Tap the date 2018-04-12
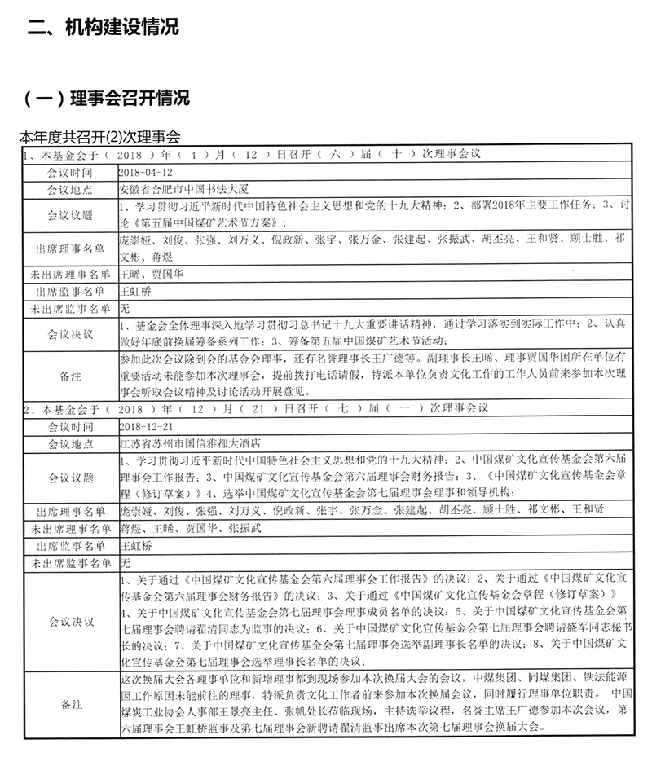pyautogui.click(x=146, y=174)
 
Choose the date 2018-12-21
pyautogui.click(x=146, y=426)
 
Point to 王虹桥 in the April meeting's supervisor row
pyautogui.click(x=135, y=290)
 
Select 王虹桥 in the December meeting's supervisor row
pyautogui.click(x=135, y=545)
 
